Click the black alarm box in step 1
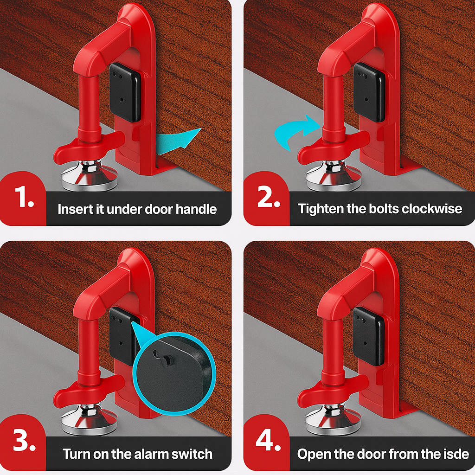[x=125, y=92]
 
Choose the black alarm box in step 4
[x=369, y=336]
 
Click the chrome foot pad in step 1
[x=90, y=177]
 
